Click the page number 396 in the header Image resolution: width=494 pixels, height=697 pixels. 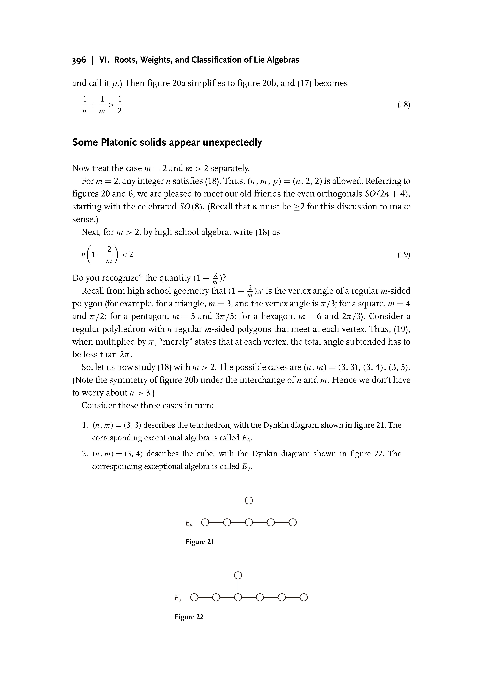tap(79, 60)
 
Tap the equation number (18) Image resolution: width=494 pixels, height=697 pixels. tap(404, 105)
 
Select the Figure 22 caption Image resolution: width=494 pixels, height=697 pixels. tap(189, 617)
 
